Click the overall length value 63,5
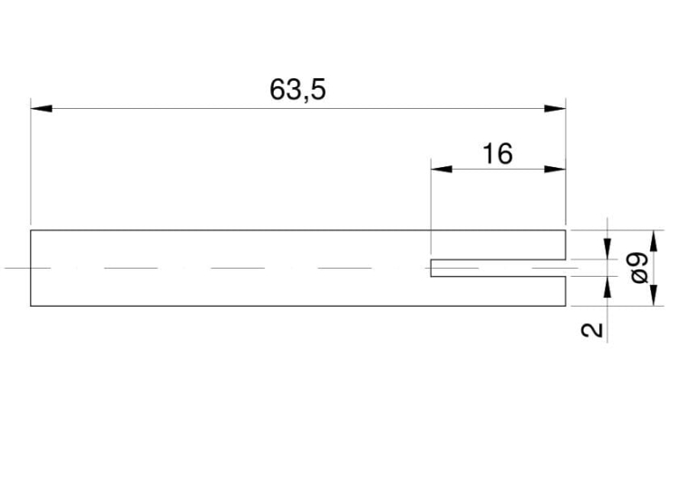tap(298, 91)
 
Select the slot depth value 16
tap(497, 154)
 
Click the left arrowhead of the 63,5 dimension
tap(42, 109)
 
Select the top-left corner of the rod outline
tap(31, 230)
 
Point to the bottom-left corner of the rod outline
tap(31, 307)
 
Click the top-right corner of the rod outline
tap(566, 230)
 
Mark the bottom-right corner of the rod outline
tap(566, 307)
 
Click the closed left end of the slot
tap(431, 269)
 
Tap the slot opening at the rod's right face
tap(566, 269)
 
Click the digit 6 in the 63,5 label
tap(278, 91)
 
